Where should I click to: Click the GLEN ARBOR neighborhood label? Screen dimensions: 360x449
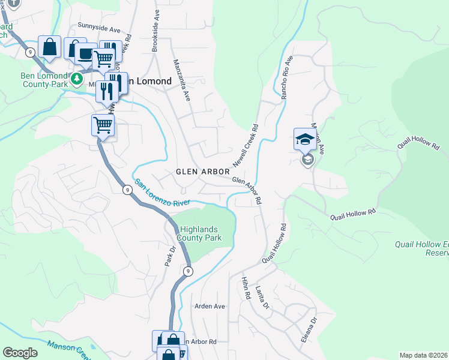(203, 172)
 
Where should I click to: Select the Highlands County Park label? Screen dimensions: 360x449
(201, 233)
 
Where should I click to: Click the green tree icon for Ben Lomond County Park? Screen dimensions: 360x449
(76, 79)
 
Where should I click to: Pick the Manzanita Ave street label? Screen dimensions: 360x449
(181, 79)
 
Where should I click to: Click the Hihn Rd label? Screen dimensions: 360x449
(245, 290)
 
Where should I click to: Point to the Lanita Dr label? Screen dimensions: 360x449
(264, 298)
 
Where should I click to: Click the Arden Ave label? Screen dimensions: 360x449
(209, 306)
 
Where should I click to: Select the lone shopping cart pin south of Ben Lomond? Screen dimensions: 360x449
(103, 125)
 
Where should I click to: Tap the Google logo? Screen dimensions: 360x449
(20, 353)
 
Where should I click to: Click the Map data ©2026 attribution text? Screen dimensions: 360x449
(424, 355)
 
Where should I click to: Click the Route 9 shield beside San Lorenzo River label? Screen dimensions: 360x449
(127, 190)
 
